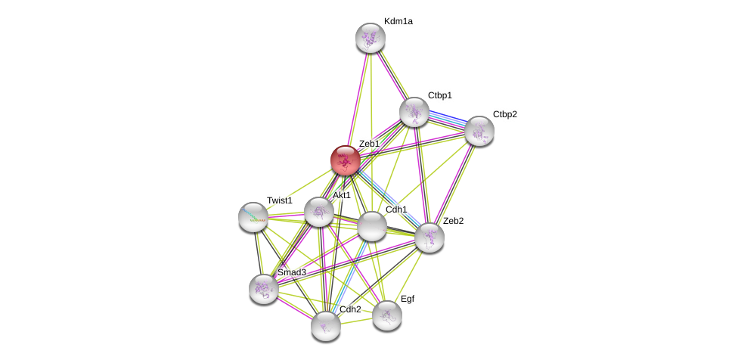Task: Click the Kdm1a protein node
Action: coord(371,38)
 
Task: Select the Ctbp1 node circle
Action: coord(414,112)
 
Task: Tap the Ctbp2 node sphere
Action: coord(479,131)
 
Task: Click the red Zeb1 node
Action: coord(346,160)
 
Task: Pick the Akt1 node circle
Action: coord(319,212)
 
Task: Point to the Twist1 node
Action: coord(253,217)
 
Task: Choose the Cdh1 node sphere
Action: coord(372,226)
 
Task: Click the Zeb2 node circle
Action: coord(429,237)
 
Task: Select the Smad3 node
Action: coord(264,288)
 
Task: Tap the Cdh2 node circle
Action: coord(326,326)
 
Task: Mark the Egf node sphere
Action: coord(387,315)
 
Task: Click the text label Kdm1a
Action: coord(398,21)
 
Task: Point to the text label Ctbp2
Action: coord(505,114)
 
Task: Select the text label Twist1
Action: coord(279,200)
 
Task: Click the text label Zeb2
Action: coord(454,221)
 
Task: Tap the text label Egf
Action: coord(408,299)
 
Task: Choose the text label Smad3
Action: coord(292,272)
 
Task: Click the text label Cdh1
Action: coord(396,209)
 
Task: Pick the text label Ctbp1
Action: coord(440,95)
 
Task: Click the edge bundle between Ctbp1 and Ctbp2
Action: coord(447,121)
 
